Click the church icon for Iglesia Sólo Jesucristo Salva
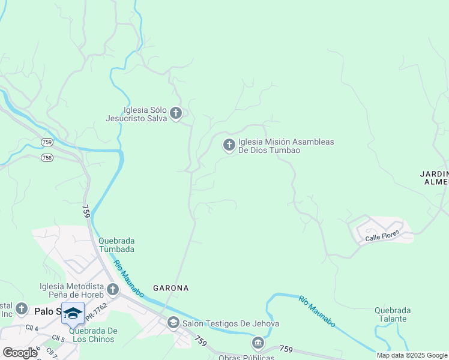176,113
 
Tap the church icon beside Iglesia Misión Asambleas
229,145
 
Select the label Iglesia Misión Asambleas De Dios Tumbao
286,146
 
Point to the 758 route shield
47,157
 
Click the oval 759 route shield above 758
47,142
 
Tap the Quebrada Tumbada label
116,245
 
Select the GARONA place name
170,288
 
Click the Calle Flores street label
382,239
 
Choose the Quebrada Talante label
393,314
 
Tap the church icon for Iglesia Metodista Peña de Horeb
112,291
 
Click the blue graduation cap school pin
73,313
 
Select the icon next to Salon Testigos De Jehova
173,323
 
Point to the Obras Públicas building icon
258,343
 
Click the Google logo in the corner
20,353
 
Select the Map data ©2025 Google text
412,355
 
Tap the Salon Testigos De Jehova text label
231,324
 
